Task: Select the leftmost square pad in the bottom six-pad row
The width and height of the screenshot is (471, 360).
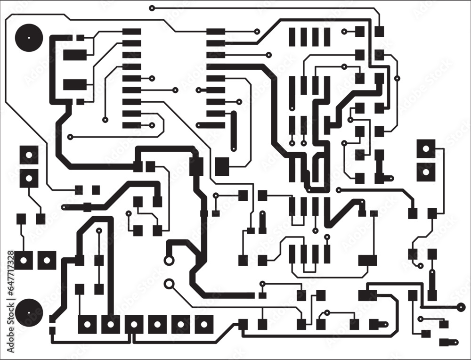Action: click(87, 324)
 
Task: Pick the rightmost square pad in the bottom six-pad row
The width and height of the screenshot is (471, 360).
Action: click(204, 324)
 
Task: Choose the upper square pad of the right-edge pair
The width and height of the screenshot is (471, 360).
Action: click(426, 149)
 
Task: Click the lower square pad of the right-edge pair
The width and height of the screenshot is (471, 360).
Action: click(426, 172)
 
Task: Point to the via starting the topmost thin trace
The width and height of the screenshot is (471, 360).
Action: click(152, 8)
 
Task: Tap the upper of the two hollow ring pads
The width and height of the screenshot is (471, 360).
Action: click(169, 260)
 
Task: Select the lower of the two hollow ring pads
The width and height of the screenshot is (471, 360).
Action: click(169, 283)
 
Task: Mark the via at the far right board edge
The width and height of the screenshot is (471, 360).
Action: click(461, 307)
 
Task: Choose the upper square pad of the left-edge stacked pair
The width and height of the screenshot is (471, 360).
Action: click(29, 155)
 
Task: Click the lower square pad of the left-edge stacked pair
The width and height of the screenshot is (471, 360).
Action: click(29, 178)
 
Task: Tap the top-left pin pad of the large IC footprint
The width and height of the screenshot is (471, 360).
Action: click(132, 32)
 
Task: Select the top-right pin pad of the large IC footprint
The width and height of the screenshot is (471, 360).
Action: click(216, 32)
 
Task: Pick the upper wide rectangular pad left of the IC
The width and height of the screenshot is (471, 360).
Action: click(74, 55)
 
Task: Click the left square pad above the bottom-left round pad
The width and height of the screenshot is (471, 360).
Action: click(23, 260)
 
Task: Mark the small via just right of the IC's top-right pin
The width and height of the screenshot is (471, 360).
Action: click(257, 32)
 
